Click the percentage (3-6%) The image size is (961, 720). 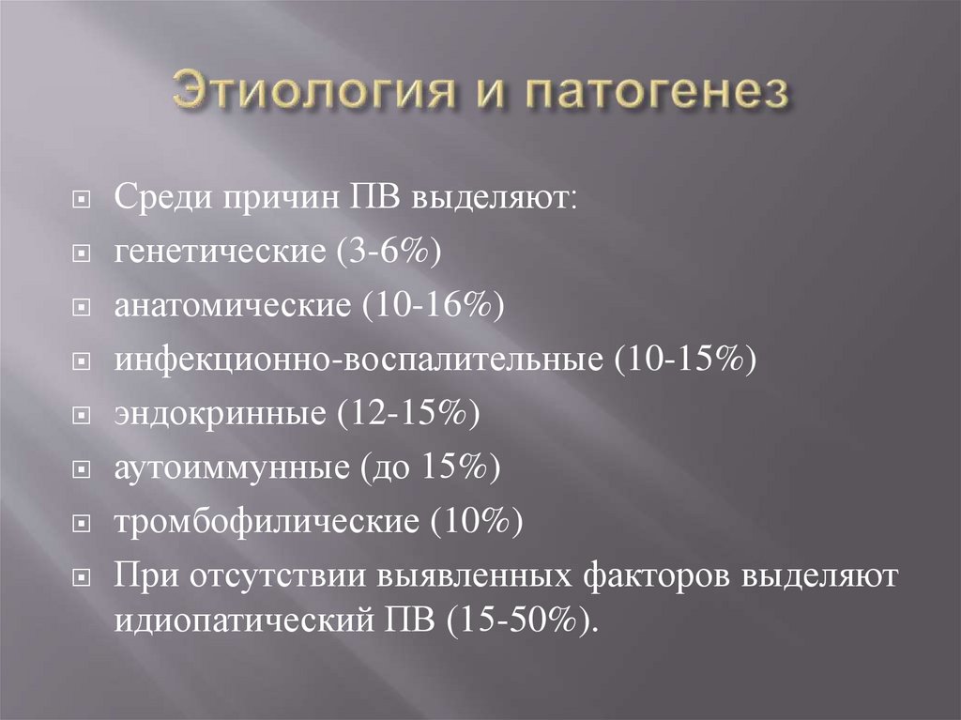click(381, 253)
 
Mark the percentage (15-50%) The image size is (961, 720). click(522, 620)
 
